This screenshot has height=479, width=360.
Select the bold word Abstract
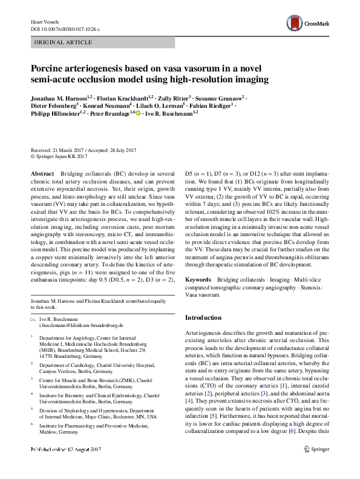click(x=42, y=173)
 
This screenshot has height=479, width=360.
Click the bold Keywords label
click(x=198, y=280)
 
